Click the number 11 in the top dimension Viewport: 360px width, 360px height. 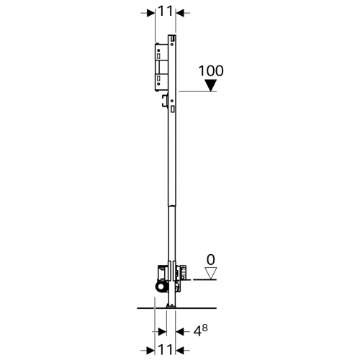(x=166, y=12)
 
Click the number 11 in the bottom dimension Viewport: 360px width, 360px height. (x=166, y=349)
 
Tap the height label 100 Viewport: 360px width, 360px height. (x=211, y=71)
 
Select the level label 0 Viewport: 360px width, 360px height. (x=211, y=260)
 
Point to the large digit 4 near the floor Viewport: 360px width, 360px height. (x=197, y=331)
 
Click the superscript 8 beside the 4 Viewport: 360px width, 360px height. (x=204, y=328)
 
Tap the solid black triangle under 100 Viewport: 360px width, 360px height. (x=211, y=86)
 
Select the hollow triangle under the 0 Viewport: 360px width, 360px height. (x=211, y=274)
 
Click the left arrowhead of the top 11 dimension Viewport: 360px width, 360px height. (x=151, y=13)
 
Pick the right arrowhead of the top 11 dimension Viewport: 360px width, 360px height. (x=180, y=13)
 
